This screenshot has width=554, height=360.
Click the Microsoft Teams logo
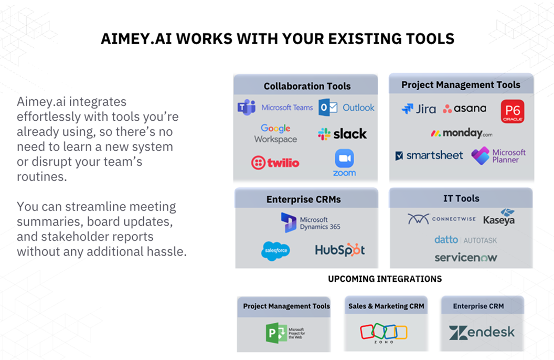[x=275, y=108]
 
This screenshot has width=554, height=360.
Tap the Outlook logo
[x=347, y=108]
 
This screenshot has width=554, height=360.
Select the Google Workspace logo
[x=275, y=133]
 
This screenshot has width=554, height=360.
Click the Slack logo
[x=342, y=134]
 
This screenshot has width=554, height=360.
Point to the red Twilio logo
[x=275, y=163]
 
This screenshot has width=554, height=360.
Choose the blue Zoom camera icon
[x=344, y=158]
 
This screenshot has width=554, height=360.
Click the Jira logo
[x=418, y=109]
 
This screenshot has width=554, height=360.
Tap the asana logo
[x=464, y=109]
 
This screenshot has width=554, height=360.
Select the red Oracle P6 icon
[x=512, y=112]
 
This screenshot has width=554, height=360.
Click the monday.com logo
[x=461, y=133]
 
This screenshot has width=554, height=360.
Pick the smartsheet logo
[x=429, y=155]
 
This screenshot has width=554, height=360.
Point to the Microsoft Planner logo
[x=498, y=156]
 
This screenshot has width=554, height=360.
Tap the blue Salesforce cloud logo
[x=275, y=250]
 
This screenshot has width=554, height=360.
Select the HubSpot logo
[x=339, y=250]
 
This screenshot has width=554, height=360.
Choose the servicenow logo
[x=465, y=258]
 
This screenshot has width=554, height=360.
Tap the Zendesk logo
[x=482, y=332]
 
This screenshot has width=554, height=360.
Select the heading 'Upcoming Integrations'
[x=385, y=279]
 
